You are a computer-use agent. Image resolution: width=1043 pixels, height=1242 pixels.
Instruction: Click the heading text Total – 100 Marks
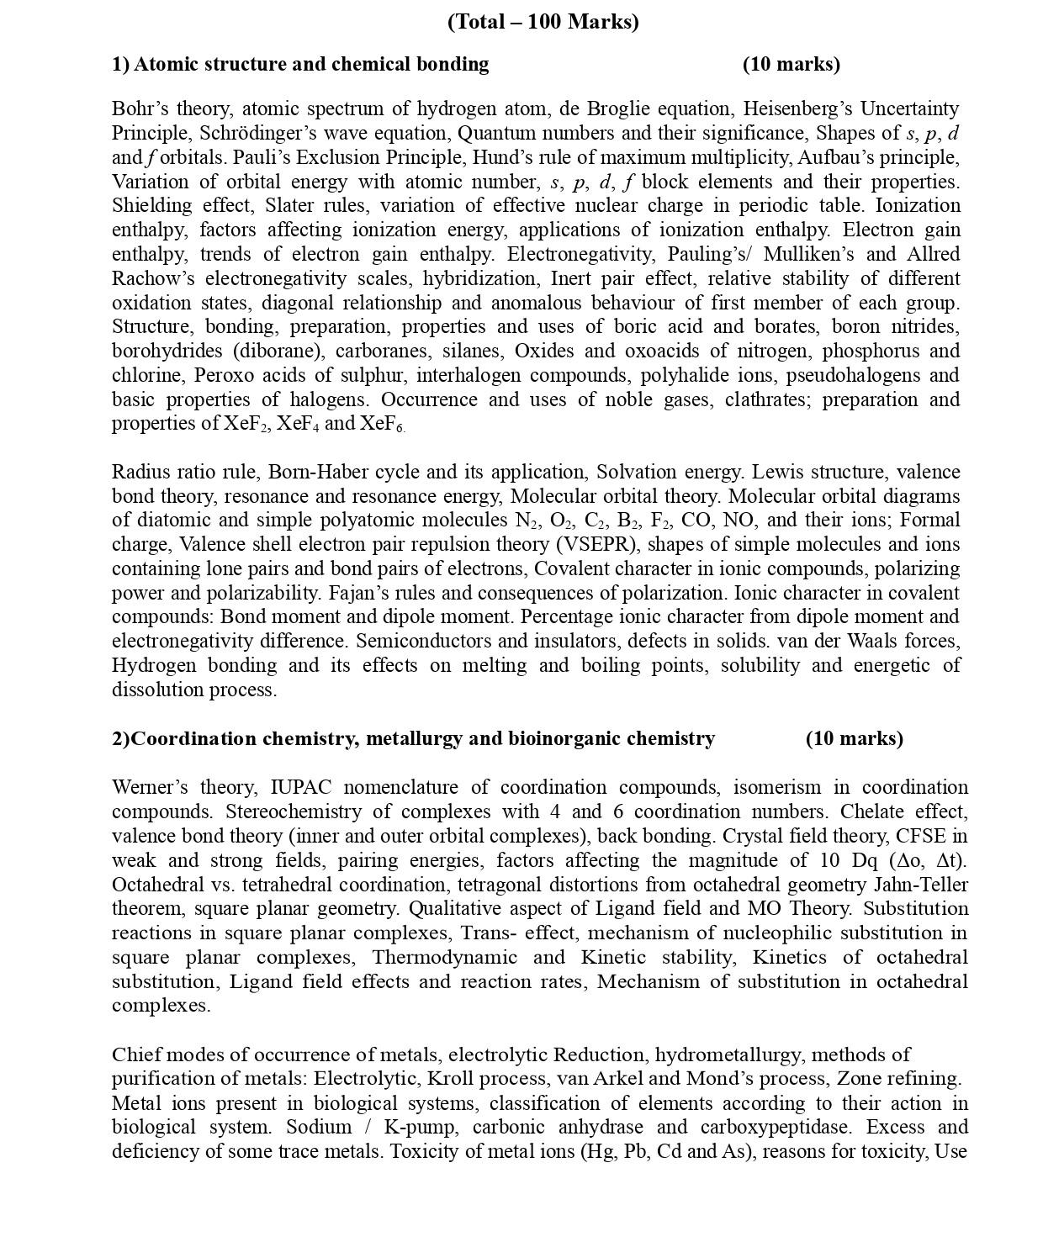[543, 23]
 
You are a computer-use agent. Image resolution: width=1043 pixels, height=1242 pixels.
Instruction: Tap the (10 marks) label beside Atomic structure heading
[791, 65]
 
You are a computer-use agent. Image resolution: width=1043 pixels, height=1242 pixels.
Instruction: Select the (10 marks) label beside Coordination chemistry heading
[854, 739]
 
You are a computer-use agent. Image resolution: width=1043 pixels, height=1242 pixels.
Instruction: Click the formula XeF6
[382, 424]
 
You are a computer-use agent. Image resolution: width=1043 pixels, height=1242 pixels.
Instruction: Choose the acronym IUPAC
[300, 788]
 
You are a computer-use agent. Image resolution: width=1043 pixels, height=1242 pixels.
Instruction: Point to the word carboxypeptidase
[776, 1128]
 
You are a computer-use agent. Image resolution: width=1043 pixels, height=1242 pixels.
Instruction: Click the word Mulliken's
[807, 255]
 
